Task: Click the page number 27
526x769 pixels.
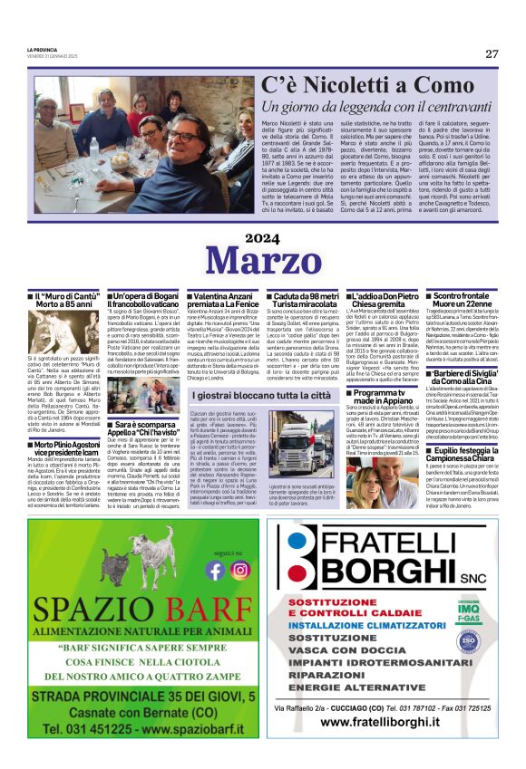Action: coord(492,53)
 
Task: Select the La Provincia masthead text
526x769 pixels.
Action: coord(40,50)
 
